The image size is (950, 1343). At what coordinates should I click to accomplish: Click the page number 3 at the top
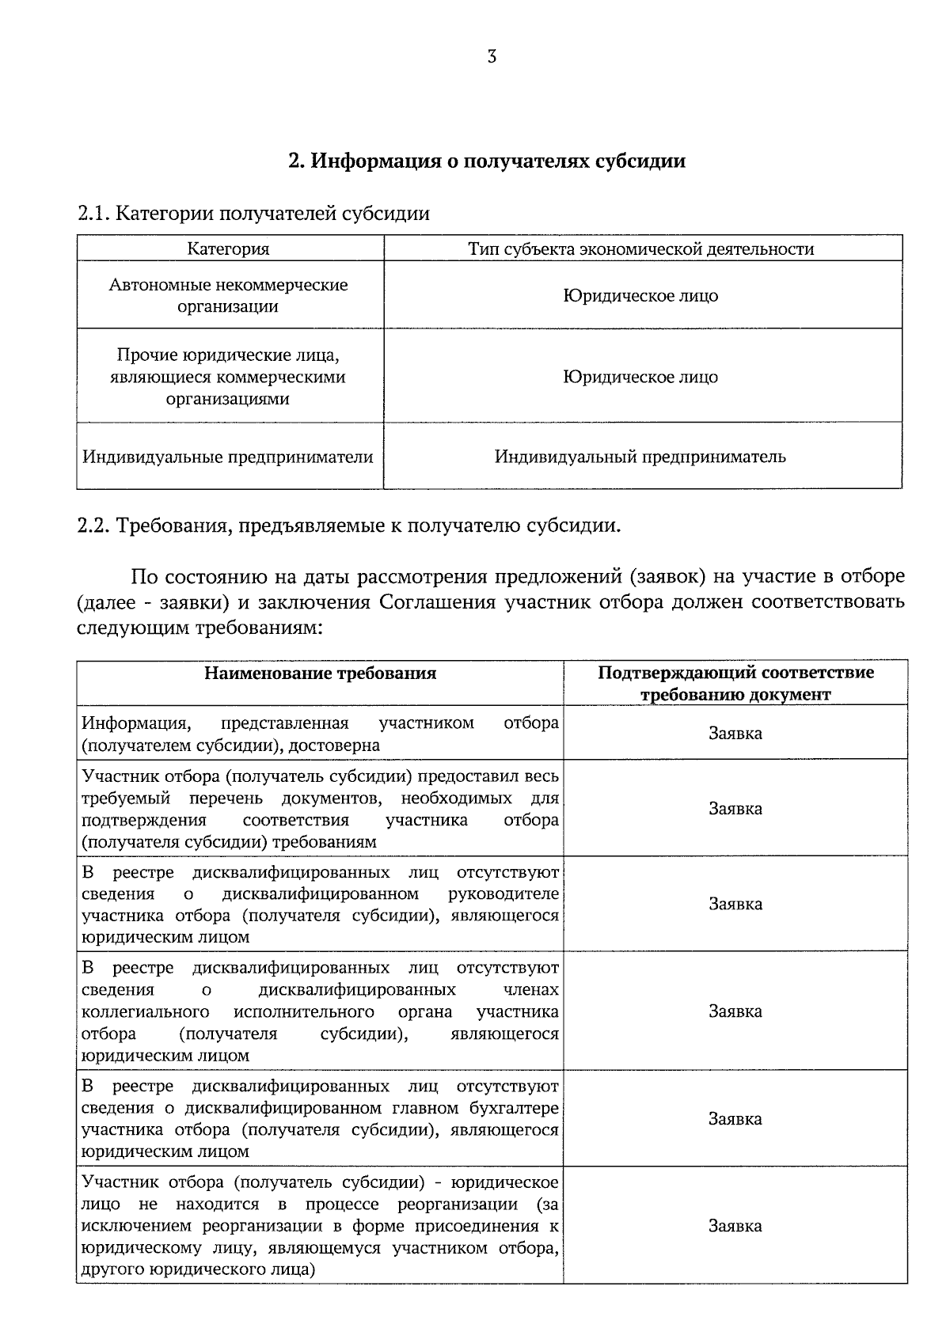click(x=492, y=57)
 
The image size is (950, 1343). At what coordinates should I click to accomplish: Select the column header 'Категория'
click(x=228, y=249)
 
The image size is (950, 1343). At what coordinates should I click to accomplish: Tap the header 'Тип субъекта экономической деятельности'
click(x=640, y=249)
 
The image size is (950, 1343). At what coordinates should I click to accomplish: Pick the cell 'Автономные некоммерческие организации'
click(x=228, y=295)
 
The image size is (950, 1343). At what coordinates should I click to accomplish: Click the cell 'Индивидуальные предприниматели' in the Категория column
click(x=228, y=457)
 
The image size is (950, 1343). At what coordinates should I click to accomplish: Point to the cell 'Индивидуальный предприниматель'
click(x=640, y=457)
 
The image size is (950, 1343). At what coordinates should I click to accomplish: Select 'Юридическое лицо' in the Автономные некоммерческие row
click(x=640, y=296)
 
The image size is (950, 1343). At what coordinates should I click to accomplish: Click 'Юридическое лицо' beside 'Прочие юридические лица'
click(x=640, y=377)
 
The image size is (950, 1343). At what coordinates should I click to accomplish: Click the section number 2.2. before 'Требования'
click(x=95, y=526)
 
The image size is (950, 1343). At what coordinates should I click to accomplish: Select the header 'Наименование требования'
click(x=320, y=673)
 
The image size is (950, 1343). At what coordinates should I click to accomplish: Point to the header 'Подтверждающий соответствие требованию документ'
click(x=735, y=684)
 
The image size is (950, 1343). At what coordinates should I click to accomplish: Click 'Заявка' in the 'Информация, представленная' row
click(x=735, y=734)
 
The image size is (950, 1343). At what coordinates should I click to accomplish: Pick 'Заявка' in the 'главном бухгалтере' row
click(x=735, y=1119)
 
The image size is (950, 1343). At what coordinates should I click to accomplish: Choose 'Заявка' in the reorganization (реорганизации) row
click(x=735, y=1226)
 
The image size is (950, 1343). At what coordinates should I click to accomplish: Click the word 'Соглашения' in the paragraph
click(x=437, y=602)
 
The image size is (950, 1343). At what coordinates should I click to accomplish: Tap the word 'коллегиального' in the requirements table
click(x=145, y=1012)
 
